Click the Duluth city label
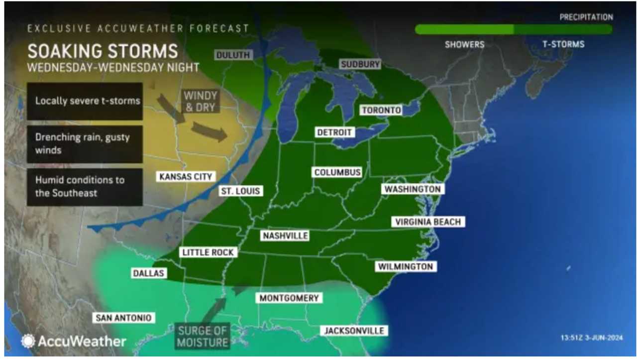[x=233, y=55]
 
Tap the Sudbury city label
[x=360, y=64]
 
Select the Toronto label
[x=381, y=110]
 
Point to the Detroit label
[x=334, y=132]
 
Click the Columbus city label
[x=337, y=172]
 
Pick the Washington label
[x=413, y=189]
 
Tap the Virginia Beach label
[x=428, y=222]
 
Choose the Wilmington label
[x=406, y=266]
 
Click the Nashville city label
[x=285, y=236]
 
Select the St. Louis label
[x=241, y=191]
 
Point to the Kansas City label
[x=186, y=176]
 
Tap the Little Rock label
[x=208, y=252]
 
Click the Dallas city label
[x=148, y=273]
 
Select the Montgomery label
[x=289, y=298]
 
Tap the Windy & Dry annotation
[x=201, y=101]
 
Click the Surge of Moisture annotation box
[x=202, y=336]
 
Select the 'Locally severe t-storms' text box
[x=85, y=101]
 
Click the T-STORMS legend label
[x=563, y=44]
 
